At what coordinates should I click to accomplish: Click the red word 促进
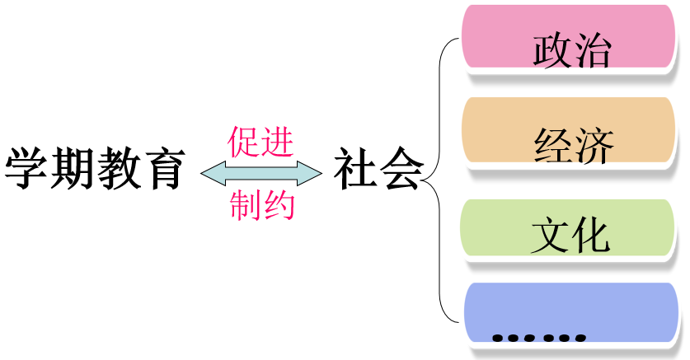[261, 143]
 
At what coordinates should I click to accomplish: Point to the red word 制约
[261, 206]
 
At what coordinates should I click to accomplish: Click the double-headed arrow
[261, 172]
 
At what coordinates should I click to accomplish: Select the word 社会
[378, 170]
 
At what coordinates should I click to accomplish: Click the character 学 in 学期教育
[27, 170]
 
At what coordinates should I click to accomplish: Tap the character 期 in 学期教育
[72, 170]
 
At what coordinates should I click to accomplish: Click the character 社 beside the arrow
[355, 170]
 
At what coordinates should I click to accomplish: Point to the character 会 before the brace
[401, 170]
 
